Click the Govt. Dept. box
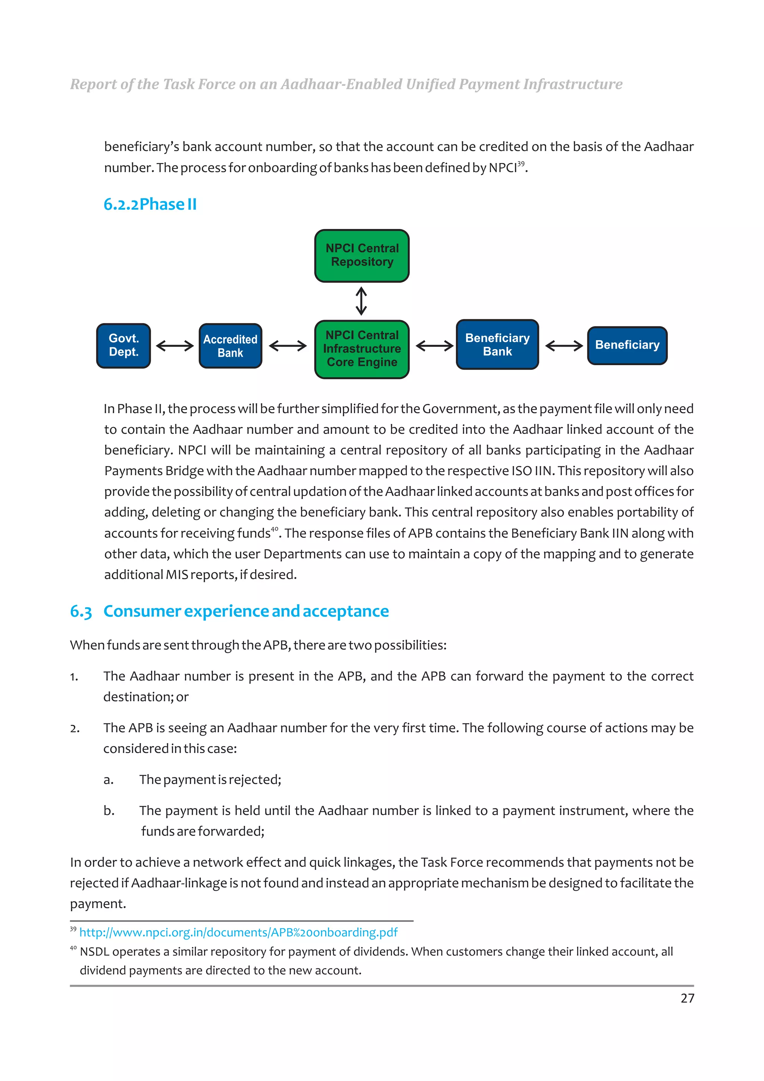(x=123, y=345)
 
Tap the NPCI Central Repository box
(x=361, y=256)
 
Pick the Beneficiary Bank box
(x=497, y=345)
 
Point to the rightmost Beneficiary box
(x=627, y=345)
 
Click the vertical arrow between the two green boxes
(x=361, y=301)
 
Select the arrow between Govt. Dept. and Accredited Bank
(x=175, y=346)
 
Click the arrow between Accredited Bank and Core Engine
(x=288, y=346)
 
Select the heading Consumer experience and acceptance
(x=246, y=611)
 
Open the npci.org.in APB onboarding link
(x=238, y=932)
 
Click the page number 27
(x=687, y=998)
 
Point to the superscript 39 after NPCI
(x=521, y=163)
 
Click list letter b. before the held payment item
(x=109, y=811)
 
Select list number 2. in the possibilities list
(x=75, y=728)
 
